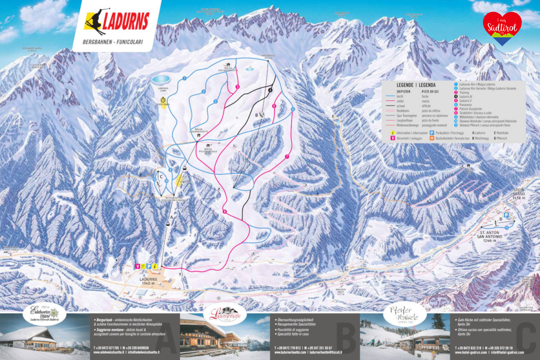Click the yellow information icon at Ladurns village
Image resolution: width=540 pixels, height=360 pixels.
(155, 266)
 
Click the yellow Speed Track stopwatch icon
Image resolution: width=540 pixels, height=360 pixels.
(163, 99)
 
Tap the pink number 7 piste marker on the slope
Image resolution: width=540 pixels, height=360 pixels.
(286, 157)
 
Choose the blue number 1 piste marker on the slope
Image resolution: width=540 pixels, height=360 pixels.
(185, 78)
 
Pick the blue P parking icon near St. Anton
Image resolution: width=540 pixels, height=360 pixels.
(506, 215)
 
